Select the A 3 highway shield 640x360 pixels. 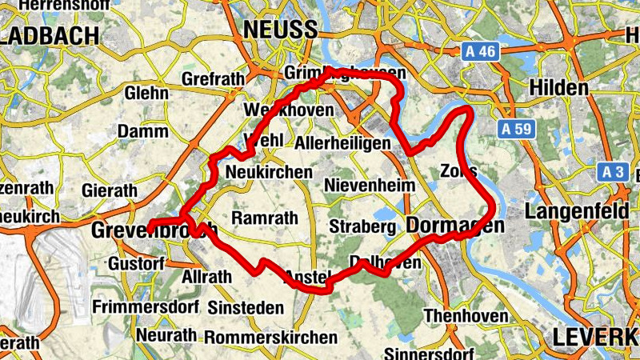coord(614,172)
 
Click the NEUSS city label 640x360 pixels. coord(280,30)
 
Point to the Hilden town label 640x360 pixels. coord(559,87)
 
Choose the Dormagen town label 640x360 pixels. coord(455,226)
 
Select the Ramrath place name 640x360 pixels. coord(263,218)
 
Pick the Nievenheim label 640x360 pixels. coord(370,186)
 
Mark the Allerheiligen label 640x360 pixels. coord(342,143)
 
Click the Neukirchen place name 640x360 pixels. coord(269,172)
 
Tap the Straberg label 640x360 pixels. coord(363,226)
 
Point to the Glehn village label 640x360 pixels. coord(146,93)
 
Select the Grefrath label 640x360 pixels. coord(211,80)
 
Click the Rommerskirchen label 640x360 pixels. coord(270,337)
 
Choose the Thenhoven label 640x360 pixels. coord(466,316)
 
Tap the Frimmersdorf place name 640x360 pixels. coord(144,306)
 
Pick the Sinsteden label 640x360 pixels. coord(246,308)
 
